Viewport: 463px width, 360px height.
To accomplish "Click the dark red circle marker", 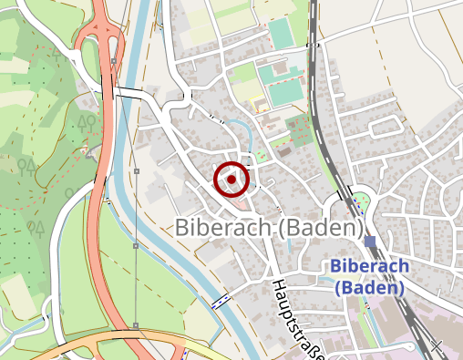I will coord(231,180).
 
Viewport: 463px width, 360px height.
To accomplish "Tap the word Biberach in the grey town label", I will coord(220,226).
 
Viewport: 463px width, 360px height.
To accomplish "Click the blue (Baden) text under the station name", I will coord(369,287).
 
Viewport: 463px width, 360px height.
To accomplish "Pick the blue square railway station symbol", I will coord(369,242).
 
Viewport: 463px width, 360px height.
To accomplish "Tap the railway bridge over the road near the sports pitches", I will coord(313,44).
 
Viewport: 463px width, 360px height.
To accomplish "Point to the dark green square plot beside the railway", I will coord(296,127).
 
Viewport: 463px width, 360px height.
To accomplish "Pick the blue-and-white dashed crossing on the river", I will coord(220,303).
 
